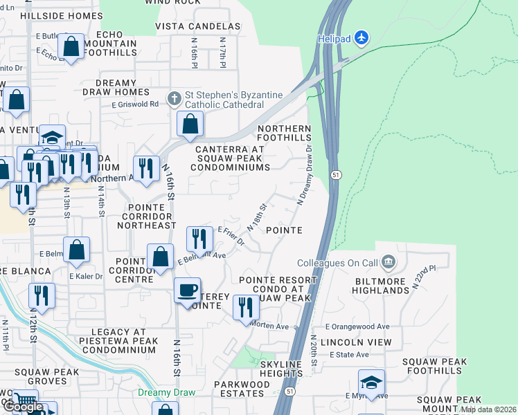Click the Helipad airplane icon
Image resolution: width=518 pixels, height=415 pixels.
(362, 38)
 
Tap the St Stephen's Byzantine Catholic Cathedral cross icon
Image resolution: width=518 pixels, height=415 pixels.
(175, 96)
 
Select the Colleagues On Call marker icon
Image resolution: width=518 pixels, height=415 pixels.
(388, 262)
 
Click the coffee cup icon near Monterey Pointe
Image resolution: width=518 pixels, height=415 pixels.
(187, 290)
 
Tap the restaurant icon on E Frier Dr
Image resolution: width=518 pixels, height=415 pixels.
(199, 239)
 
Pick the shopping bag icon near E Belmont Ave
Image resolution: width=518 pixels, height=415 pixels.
(160, 257)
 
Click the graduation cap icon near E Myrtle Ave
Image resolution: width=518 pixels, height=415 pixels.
(371, 382)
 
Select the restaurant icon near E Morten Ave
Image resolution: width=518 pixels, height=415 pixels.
(246, 306)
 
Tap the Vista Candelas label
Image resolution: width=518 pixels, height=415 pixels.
(197, 26)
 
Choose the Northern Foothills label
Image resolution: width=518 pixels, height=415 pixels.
(285, 133)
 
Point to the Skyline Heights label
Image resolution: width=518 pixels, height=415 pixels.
(281, 369)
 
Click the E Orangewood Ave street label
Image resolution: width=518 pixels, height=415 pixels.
(357, 326)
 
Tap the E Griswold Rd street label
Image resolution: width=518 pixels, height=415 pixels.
(135, 104)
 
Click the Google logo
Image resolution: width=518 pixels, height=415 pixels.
(23, 407)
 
